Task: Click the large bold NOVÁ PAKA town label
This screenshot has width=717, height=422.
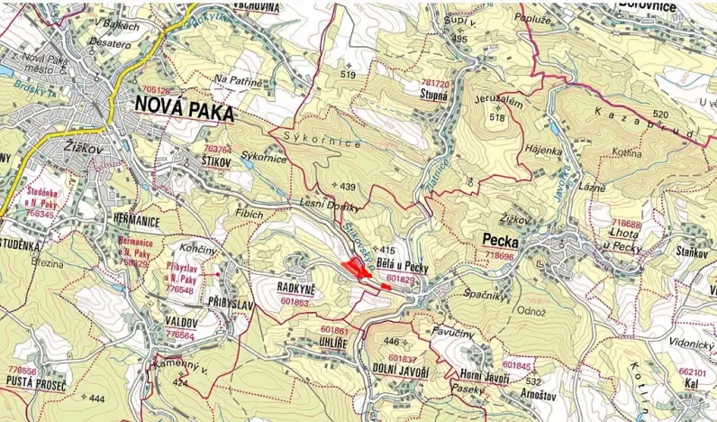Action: coord(184,110)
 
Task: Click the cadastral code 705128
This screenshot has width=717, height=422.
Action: coord(157,91)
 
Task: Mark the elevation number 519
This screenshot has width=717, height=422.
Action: coord(349,75)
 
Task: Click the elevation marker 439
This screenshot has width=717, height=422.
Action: coord(348,187)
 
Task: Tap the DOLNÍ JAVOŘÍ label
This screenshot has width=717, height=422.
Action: coord(401,371)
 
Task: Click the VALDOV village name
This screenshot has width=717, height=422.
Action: coord(180,321)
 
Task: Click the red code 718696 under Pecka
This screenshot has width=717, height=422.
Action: coord(501,255)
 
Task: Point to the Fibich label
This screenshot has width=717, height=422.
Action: coord(249,215)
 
